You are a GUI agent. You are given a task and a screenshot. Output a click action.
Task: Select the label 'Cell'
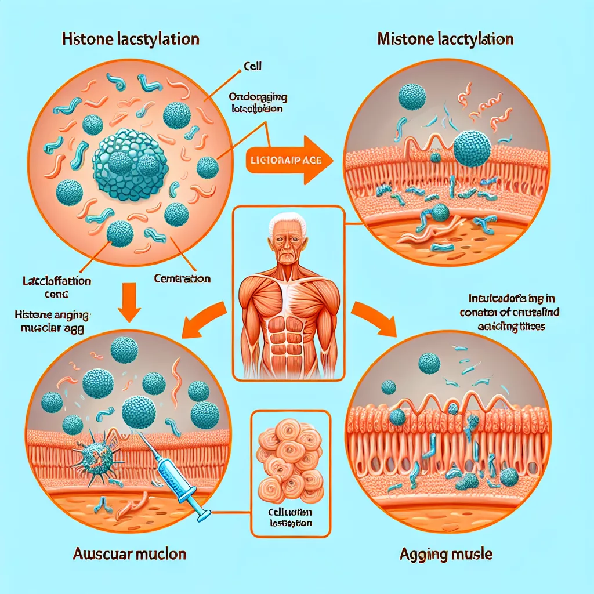[253, 67]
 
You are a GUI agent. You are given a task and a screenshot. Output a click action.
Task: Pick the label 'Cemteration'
[182, 279]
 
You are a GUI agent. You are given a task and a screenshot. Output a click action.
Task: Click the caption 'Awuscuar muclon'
[129, 555]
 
